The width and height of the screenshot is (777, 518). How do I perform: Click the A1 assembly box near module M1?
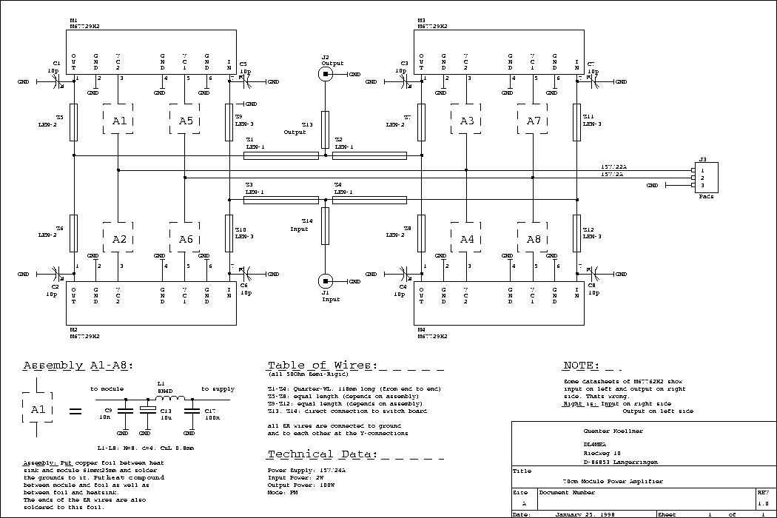click(118, 121)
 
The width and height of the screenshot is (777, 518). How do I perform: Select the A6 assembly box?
click(185, 238)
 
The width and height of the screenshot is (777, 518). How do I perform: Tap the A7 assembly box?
click(534, 121)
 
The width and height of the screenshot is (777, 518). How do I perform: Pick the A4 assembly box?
click(466, 238)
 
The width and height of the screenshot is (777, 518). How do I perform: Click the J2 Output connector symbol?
click(325, 74)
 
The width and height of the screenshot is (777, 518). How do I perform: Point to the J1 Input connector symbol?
click(325, 281)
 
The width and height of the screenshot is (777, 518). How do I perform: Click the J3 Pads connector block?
click(705, 178)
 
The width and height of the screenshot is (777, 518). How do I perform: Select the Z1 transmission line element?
click(281, 155)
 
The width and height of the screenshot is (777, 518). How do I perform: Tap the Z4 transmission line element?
click(370, 200)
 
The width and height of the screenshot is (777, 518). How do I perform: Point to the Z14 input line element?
click(325, 229)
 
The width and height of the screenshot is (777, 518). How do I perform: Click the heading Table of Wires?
click(322, 366)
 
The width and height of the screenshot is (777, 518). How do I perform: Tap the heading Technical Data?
click(322, 454)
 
